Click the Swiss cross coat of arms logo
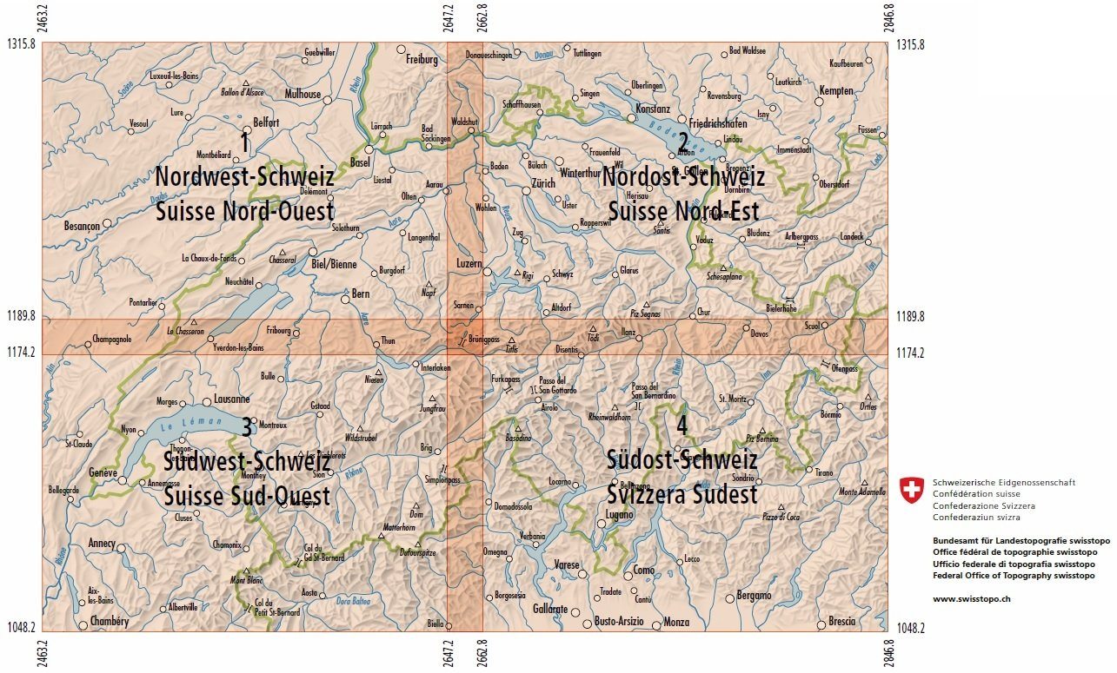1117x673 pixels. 911,490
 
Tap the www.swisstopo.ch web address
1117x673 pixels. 971,598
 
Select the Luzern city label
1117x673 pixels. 469,263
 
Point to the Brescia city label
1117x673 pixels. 841,621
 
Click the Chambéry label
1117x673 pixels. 109,622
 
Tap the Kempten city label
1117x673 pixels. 837,90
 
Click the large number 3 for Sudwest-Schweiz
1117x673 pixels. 247,427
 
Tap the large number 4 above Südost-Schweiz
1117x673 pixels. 682,426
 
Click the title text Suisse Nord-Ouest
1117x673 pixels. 244,212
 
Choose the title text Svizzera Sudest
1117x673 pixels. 682,495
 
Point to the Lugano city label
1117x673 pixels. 619,514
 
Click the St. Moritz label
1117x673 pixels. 733,399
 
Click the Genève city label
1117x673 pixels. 103,472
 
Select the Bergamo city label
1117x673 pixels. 754,596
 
